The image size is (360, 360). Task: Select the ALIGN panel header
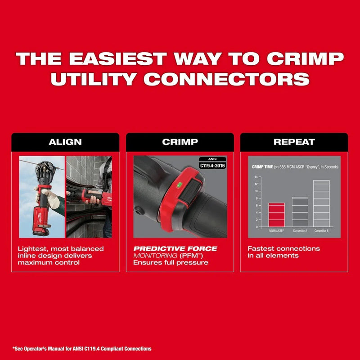tap(65, 142)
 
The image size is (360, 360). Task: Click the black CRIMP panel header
tap(180, 142)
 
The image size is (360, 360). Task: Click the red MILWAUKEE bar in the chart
tap(276, 215)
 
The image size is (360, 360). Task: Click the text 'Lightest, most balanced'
tap(61, 248)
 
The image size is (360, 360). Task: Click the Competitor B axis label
tap(321, 230)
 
